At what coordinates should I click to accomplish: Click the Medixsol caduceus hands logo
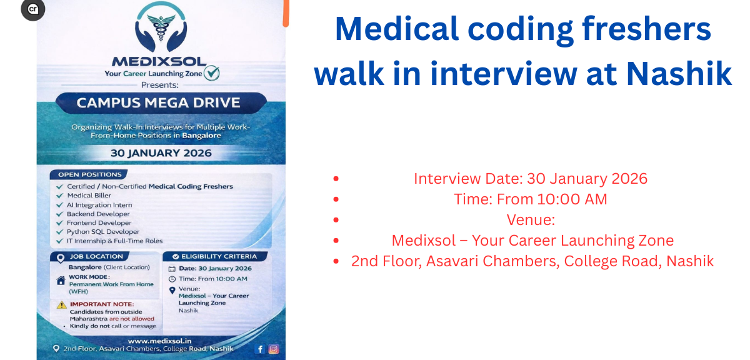(x=161, y=29)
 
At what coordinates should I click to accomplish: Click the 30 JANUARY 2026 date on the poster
(x=161, y=152)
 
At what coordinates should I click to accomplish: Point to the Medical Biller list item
(x=89, y=196)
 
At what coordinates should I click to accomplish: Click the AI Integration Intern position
(x=99, y=205)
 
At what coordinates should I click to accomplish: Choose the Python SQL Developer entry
(x=103, y=232)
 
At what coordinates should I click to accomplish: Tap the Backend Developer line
(x=98, y=214)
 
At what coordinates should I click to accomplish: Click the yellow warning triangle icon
(x=62, y=304)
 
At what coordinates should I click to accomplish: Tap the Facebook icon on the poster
(x=260, y=349)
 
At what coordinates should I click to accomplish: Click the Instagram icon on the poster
(x=274, y=349)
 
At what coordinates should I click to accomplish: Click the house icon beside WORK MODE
(x=61, y=281)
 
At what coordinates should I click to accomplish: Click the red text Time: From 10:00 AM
(x=531, y=199)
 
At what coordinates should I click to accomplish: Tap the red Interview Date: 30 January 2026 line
(x=531, y=179)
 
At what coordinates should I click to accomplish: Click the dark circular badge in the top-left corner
(x=32, y=9)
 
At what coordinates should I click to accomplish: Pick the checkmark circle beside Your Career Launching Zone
(x=212, y=74)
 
